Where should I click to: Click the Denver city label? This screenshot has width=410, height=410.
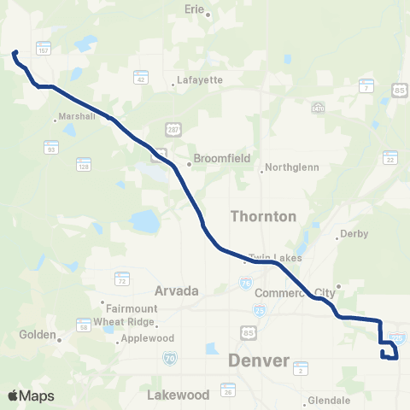(259, 361)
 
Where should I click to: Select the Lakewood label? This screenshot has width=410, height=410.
(178, 395)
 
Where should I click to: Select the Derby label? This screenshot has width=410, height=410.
(353, 233)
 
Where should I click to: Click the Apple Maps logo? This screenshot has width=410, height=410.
(31, 395)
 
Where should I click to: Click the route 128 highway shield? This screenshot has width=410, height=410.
(83, 162)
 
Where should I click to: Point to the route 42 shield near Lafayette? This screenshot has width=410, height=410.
(139, 77)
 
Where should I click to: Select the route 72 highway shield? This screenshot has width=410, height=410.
(122, 278)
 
